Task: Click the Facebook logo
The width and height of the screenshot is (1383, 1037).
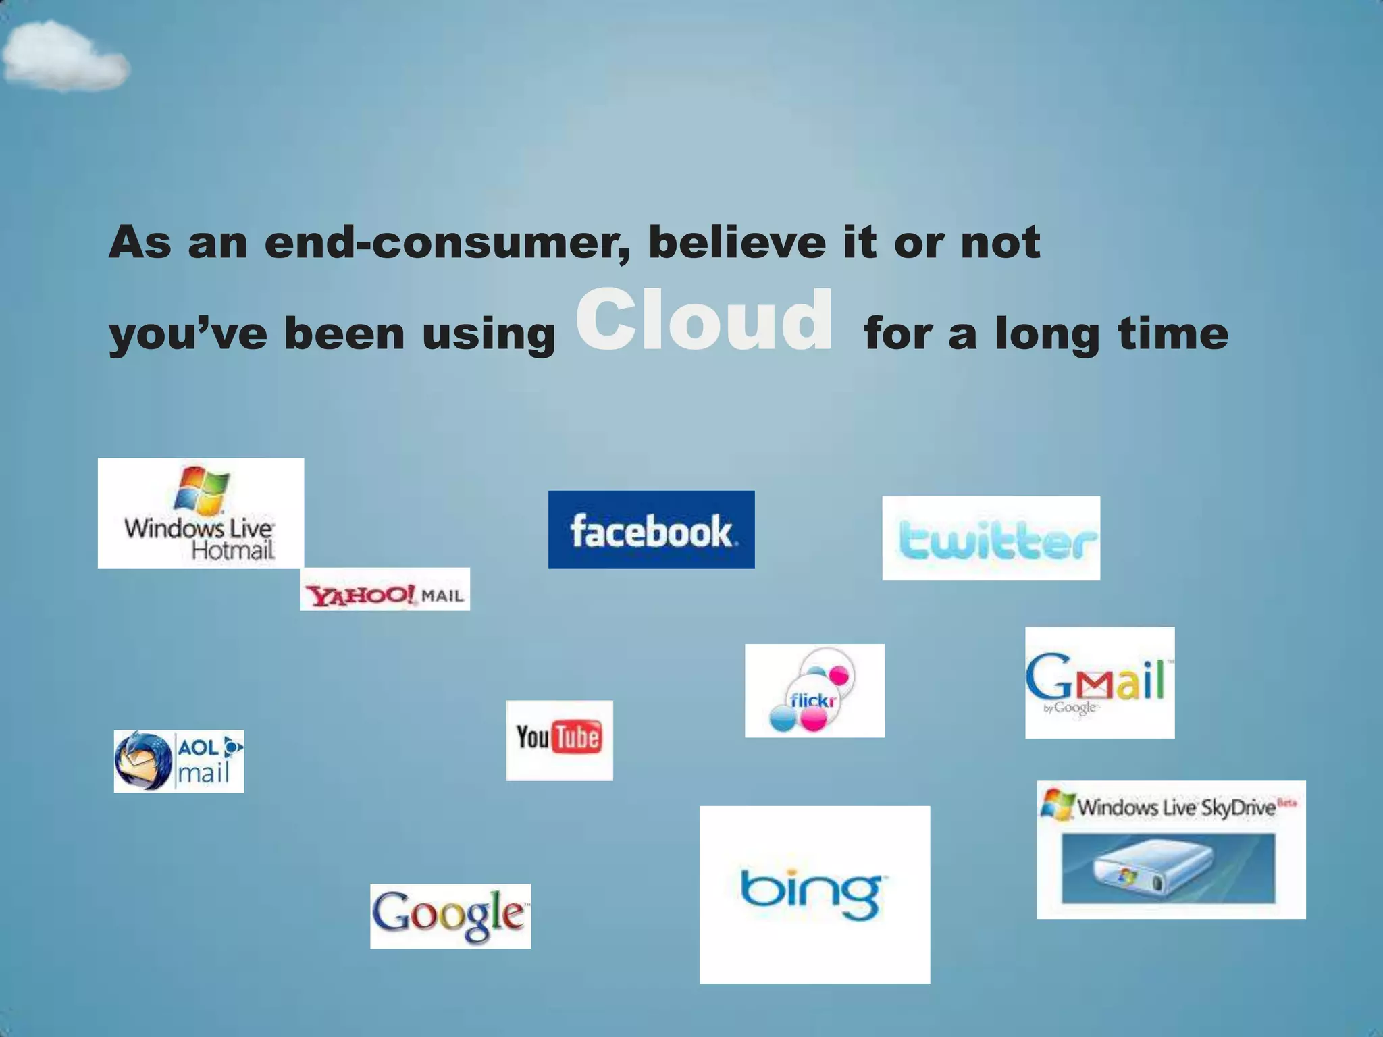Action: [x=651, y=530]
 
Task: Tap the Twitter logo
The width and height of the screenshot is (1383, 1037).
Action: [x=991, y=539]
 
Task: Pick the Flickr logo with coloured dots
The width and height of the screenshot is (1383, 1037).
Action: [x=814, y=691]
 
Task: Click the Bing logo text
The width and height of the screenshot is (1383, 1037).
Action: [x=813, y=893]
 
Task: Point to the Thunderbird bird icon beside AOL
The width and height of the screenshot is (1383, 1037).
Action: [x=142, y=762]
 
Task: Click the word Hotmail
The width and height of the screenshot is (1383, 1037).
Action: [x=233, y=551]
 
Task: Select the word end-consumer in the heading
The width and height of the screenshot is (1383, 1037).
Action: [x=447, y=242]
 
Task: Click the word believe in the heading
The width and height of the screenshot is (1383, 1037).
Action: [x=737, y=242]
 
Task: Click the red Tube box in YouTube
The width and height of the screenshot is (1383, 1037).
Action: [x=577, y=737]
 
